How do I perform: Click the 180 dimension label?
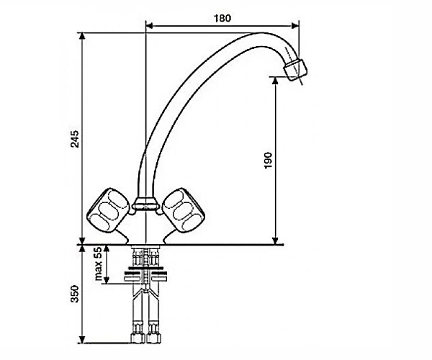[222, 18]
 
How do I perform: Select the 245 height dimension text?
[75, 139]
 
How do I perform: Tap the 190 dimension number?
[268, 161]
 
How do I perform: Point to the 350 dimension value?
[75, 294]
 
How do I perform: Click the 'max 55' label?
[98, 264]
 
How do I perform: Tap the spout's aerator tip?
[295, 70]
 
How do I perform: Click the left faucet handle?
[108, 210]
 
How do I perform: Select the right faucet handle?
[184, 210]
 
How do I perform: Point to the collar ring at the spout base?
[145, 204]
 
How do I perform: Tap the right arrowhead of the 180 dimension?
[295, 26]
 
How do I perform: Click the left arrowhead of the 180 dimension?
[150, 26]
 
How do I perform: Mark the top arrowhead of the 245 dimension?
[82, 37]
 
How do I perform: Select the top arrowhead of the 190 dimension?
[275, 81]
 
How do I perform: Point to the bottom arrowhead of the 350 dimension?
[82, 339]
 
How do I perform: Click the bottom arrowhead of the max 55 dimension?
[107, 279]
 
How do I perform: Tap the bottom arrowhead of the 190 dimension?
[275, 240]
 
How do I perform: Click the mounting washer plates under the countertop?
[145, 274]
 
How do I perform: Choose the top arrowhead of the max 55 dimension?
[107, 248]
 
